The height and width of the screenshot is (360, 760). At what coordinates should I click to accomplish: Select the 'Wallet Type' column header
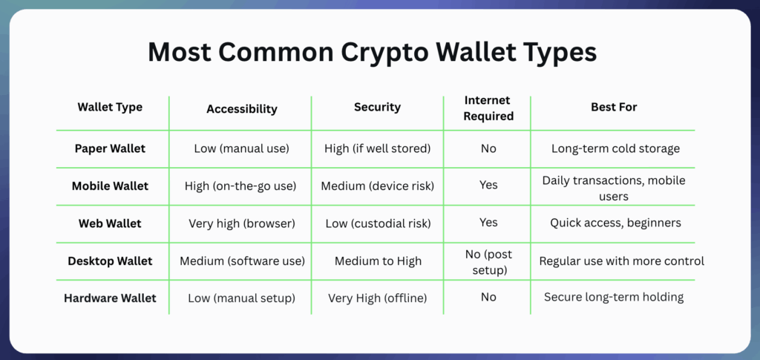click(110, 108)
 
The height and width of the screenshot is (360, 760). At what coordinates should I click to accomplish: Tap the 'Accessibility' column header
click(241, 108)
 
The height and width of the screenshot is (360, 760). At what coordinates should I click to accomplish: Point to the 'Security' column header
click(377, 108)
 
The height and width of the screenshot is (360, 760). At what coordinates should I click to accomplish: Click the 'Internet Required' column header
click(488, 108)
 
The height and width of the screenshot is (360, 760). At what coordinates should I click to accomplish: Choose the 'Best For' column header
click(614, 108)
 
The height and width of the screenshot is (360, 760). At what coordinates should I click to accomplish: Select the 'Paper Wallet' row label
click(110, 148)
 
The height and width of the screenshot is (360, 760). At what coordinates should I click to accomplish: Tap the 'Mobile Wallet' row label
click(110, 186)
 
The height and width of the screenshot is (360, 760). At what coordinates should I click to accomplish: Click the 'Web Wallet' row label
click(110, 223)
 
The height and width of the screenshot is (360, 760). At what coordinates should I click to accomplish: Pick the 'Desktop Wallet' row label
click(110, 261)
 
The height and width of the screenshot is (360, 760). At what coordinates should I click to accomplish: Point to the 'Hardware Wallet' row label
click(110, 298)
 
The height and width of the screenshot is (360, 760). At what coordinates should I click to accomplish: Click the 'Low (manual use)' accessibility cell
click(241, 148)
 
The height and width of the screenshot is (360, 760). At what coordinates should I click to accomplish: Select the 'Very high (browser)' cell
click(241, 223)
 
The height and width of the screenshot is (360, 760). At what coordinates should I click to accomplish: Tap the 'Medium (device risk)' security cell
click(377, 186)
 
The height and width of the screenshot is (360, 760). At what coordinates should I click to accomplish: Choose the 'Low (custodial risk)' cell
click(377, 223)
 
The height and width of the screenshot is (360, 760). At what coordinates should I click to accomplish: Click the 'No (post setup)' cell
click(488, 261)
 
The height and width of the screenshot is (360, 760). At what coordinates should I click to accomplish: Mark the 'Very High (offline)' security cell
click(377, 298)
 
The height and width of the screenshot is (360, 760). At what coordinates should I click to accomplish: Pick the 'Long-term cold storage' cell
click(615, 148)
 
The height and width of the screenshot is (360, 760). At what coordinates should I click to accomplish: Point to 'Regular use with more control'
click(621, 261)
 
